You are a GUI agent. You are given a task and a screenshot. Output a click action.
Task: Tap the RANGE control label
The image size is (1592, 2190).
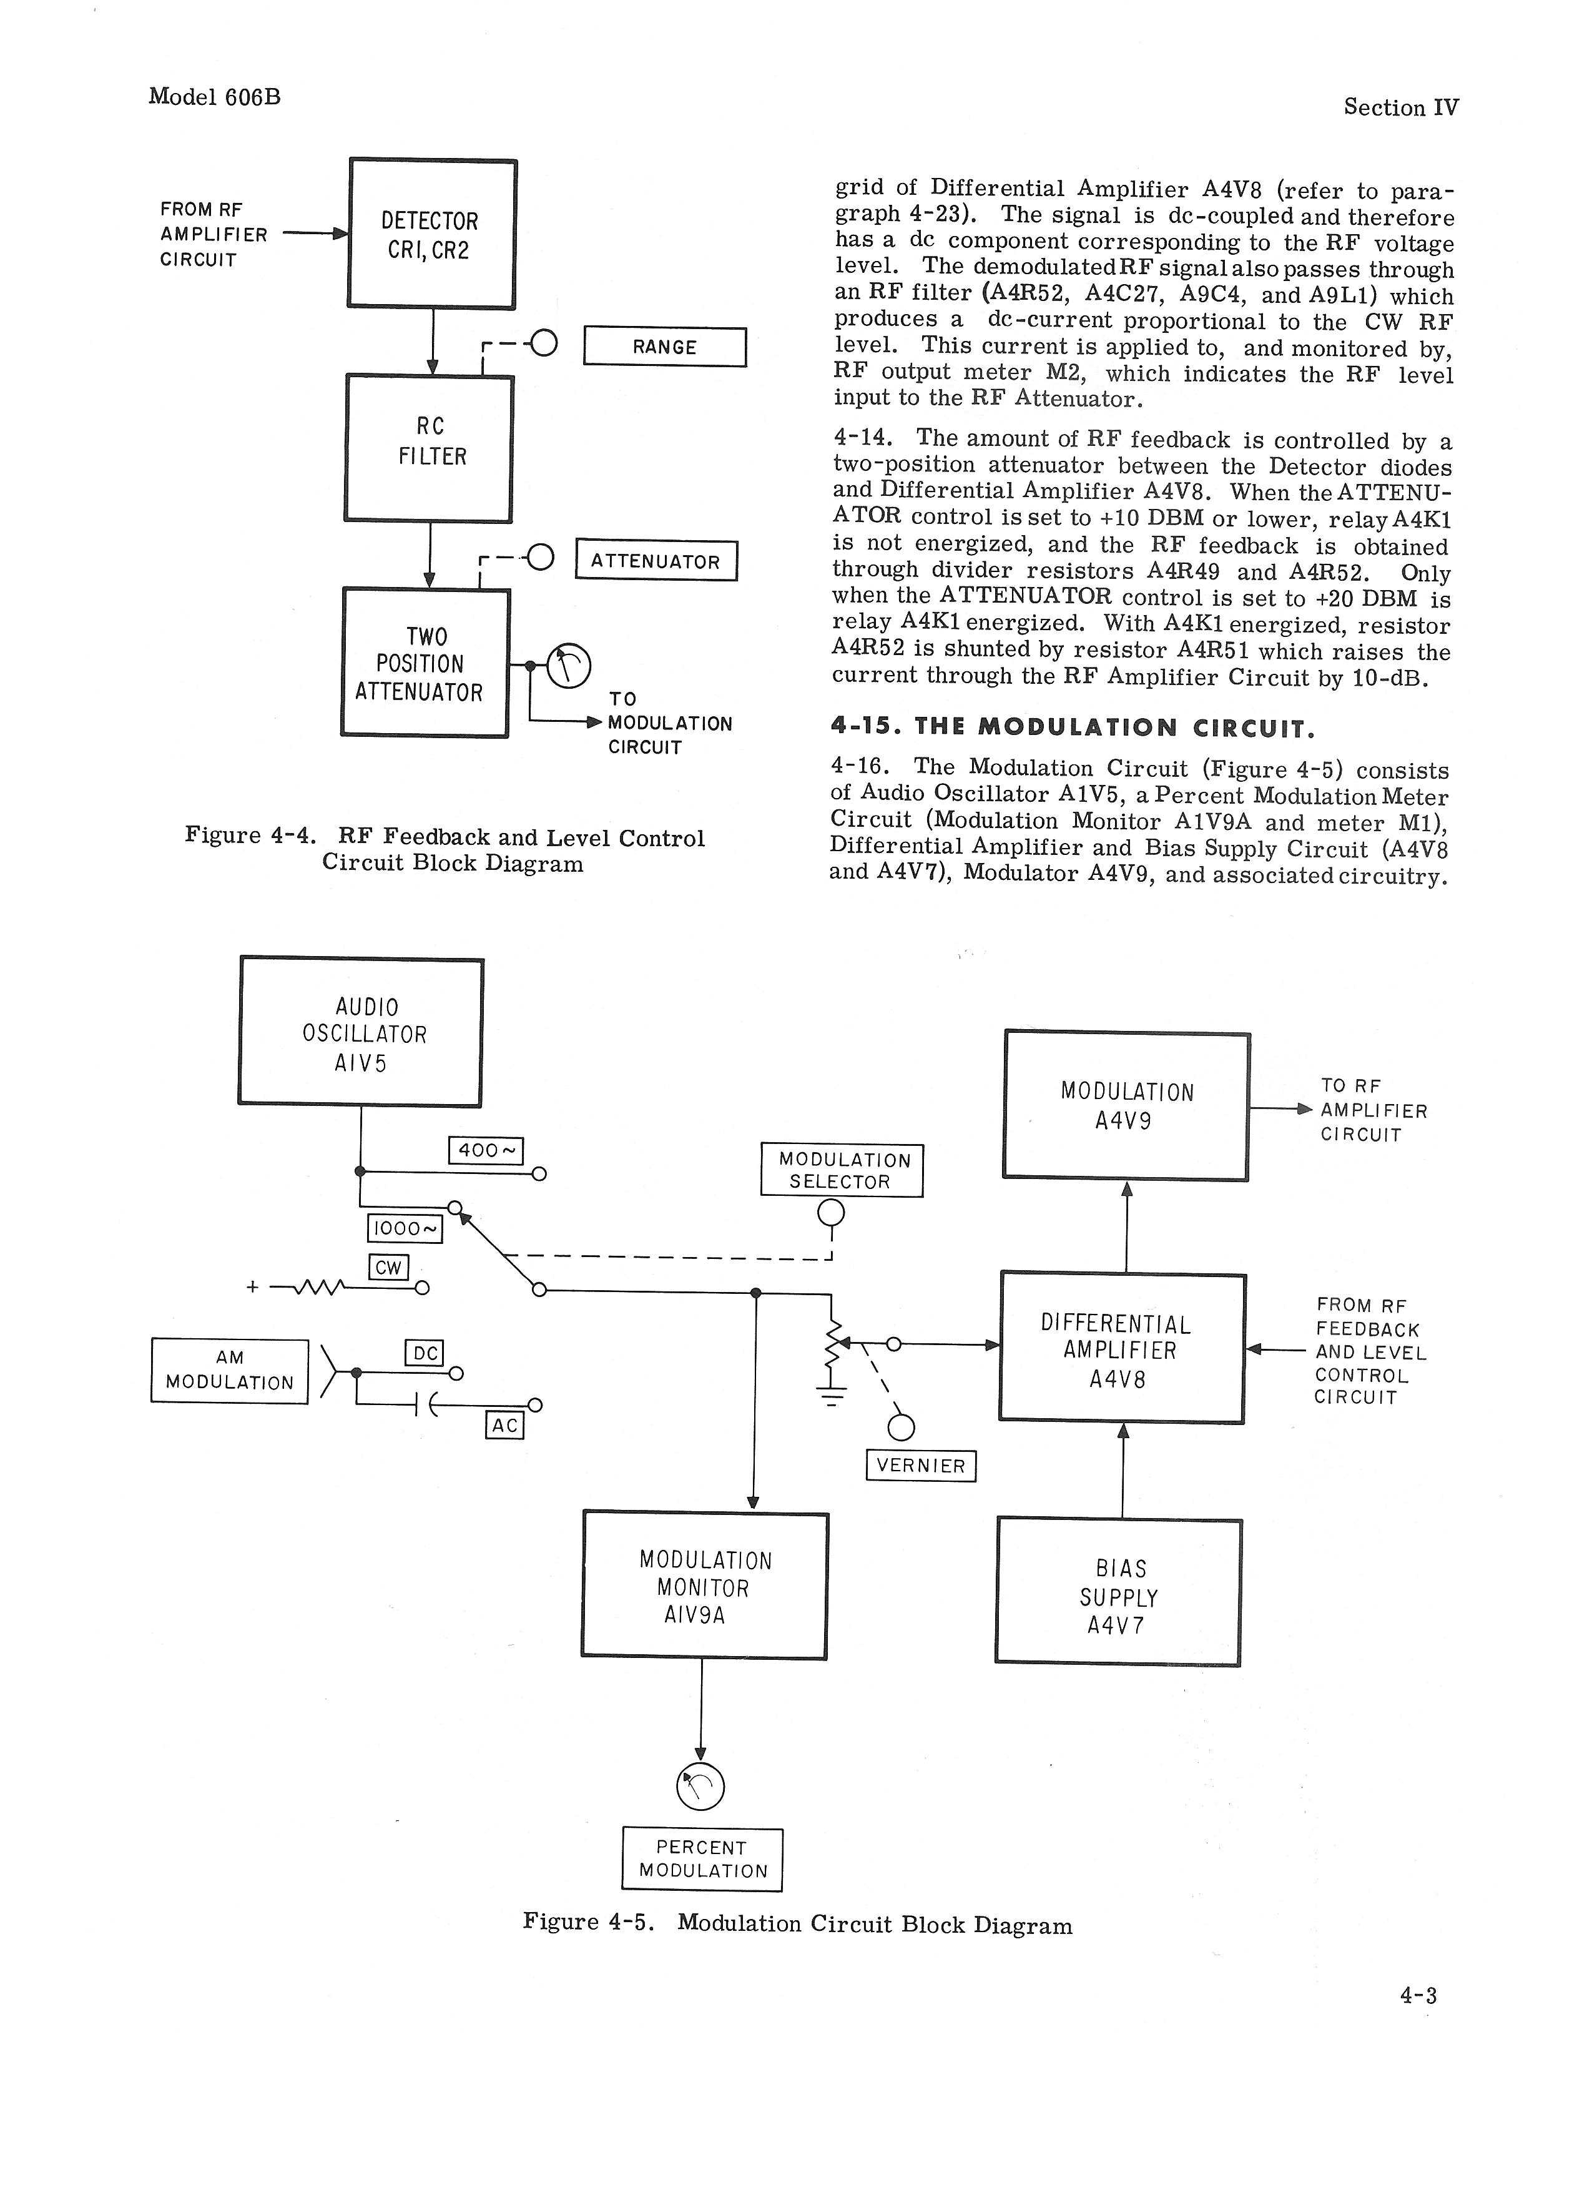[x=664, y=347]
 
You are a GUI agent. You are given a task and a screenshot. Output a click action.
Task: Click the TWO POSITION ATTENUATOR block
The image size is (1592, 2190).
[x=425, y=663]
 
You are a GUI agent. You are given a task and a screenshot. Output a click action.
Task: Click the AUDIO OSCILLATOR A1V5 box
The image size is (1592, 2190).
[x=361, y=1032]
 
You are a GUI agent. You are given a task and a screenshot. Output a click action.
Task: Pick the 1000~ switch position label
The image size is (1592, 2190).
[x=405, y=1228]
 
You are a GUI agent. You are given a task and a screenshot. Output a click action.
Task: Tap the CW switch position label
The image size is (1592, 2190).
[x=388, y=1267]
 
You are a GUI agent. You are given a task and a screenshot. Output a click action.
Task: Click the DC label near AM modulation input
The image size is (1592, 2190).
[x=424, y=1353]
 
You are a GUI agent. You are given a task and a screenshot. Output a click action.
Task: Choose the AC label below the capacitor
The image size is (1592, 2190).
[x=504, y=1425]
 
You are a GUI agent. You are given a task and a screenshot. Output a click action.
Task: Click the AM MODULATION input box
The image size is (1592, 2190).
[x=230, y=1370]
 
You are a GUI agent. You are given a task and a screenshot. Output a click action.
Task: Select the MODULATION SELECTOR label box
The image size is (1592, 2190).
[x=842, y=1170]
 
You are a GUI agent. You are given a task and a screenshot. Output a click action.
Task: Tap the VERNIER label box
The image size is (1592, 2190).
[x=921, y=1466]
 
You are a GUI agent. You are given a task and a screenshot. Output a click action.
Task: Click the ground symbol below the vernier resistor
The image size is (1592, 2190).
[x=831, y=1394]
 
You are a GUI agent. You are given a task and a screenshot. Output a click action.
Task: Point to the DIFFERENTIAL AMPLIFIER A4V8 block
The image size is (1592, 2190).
[x=1122, y=1349]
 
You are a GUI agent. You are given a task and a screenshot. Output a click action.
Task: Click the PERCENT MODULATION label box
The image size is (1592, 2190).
[x=702, y=1859]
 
